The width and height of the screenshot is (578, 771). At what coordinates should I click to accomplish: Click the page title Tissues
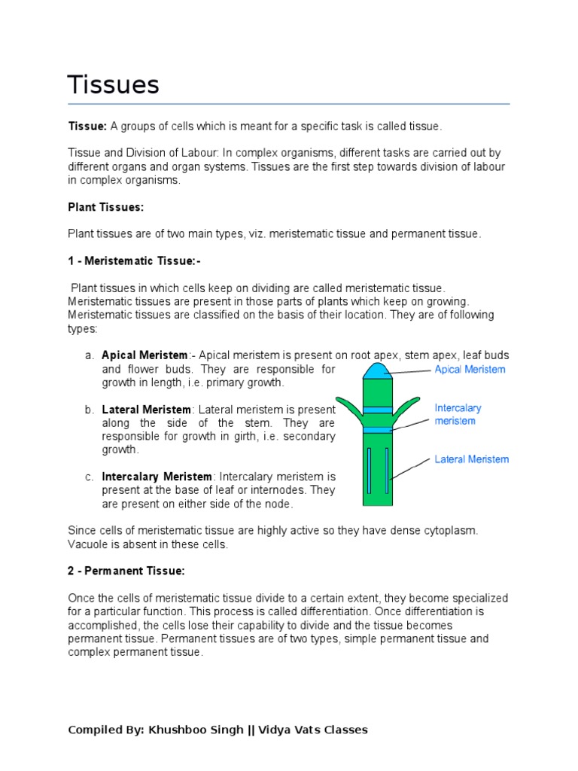(114, 84)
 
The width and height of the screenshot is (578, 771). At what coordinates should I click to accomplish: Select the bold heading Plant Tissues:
(105, 207)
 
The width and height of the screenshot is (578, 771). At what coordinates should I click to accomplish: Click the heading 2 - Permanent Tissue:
(126, 571)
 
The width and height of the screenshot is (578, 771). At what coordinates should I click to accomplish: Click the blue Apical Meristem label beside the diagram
(470, 370)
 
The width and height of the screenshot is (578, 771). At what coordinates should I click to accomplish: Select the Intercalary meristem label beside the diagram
(458, 414)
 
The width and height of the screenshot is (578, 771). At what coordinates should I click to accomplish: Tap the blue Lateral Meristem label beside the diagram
(471, 459)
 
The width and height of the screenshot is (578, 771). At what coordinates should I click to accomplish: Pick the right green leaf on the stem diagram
(404, 404)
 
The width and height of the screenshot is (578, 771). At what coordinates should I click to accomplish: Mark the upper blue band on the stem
(377, 410)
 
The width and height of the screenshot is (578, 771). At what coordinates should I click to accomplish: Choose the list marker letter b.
(89, 410)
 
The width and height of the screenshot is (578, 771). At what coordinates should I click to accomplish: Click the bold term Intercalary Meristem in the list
(157, 477)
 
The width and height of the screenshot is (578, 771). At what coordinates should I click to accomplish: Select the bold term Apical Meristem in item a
(144, 355)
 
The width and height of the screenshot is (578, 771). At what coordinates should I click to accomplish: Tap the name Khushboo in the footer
(178, 730)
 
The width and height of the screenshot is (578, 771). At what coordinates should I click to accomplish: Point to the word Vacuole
(88, 544)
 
